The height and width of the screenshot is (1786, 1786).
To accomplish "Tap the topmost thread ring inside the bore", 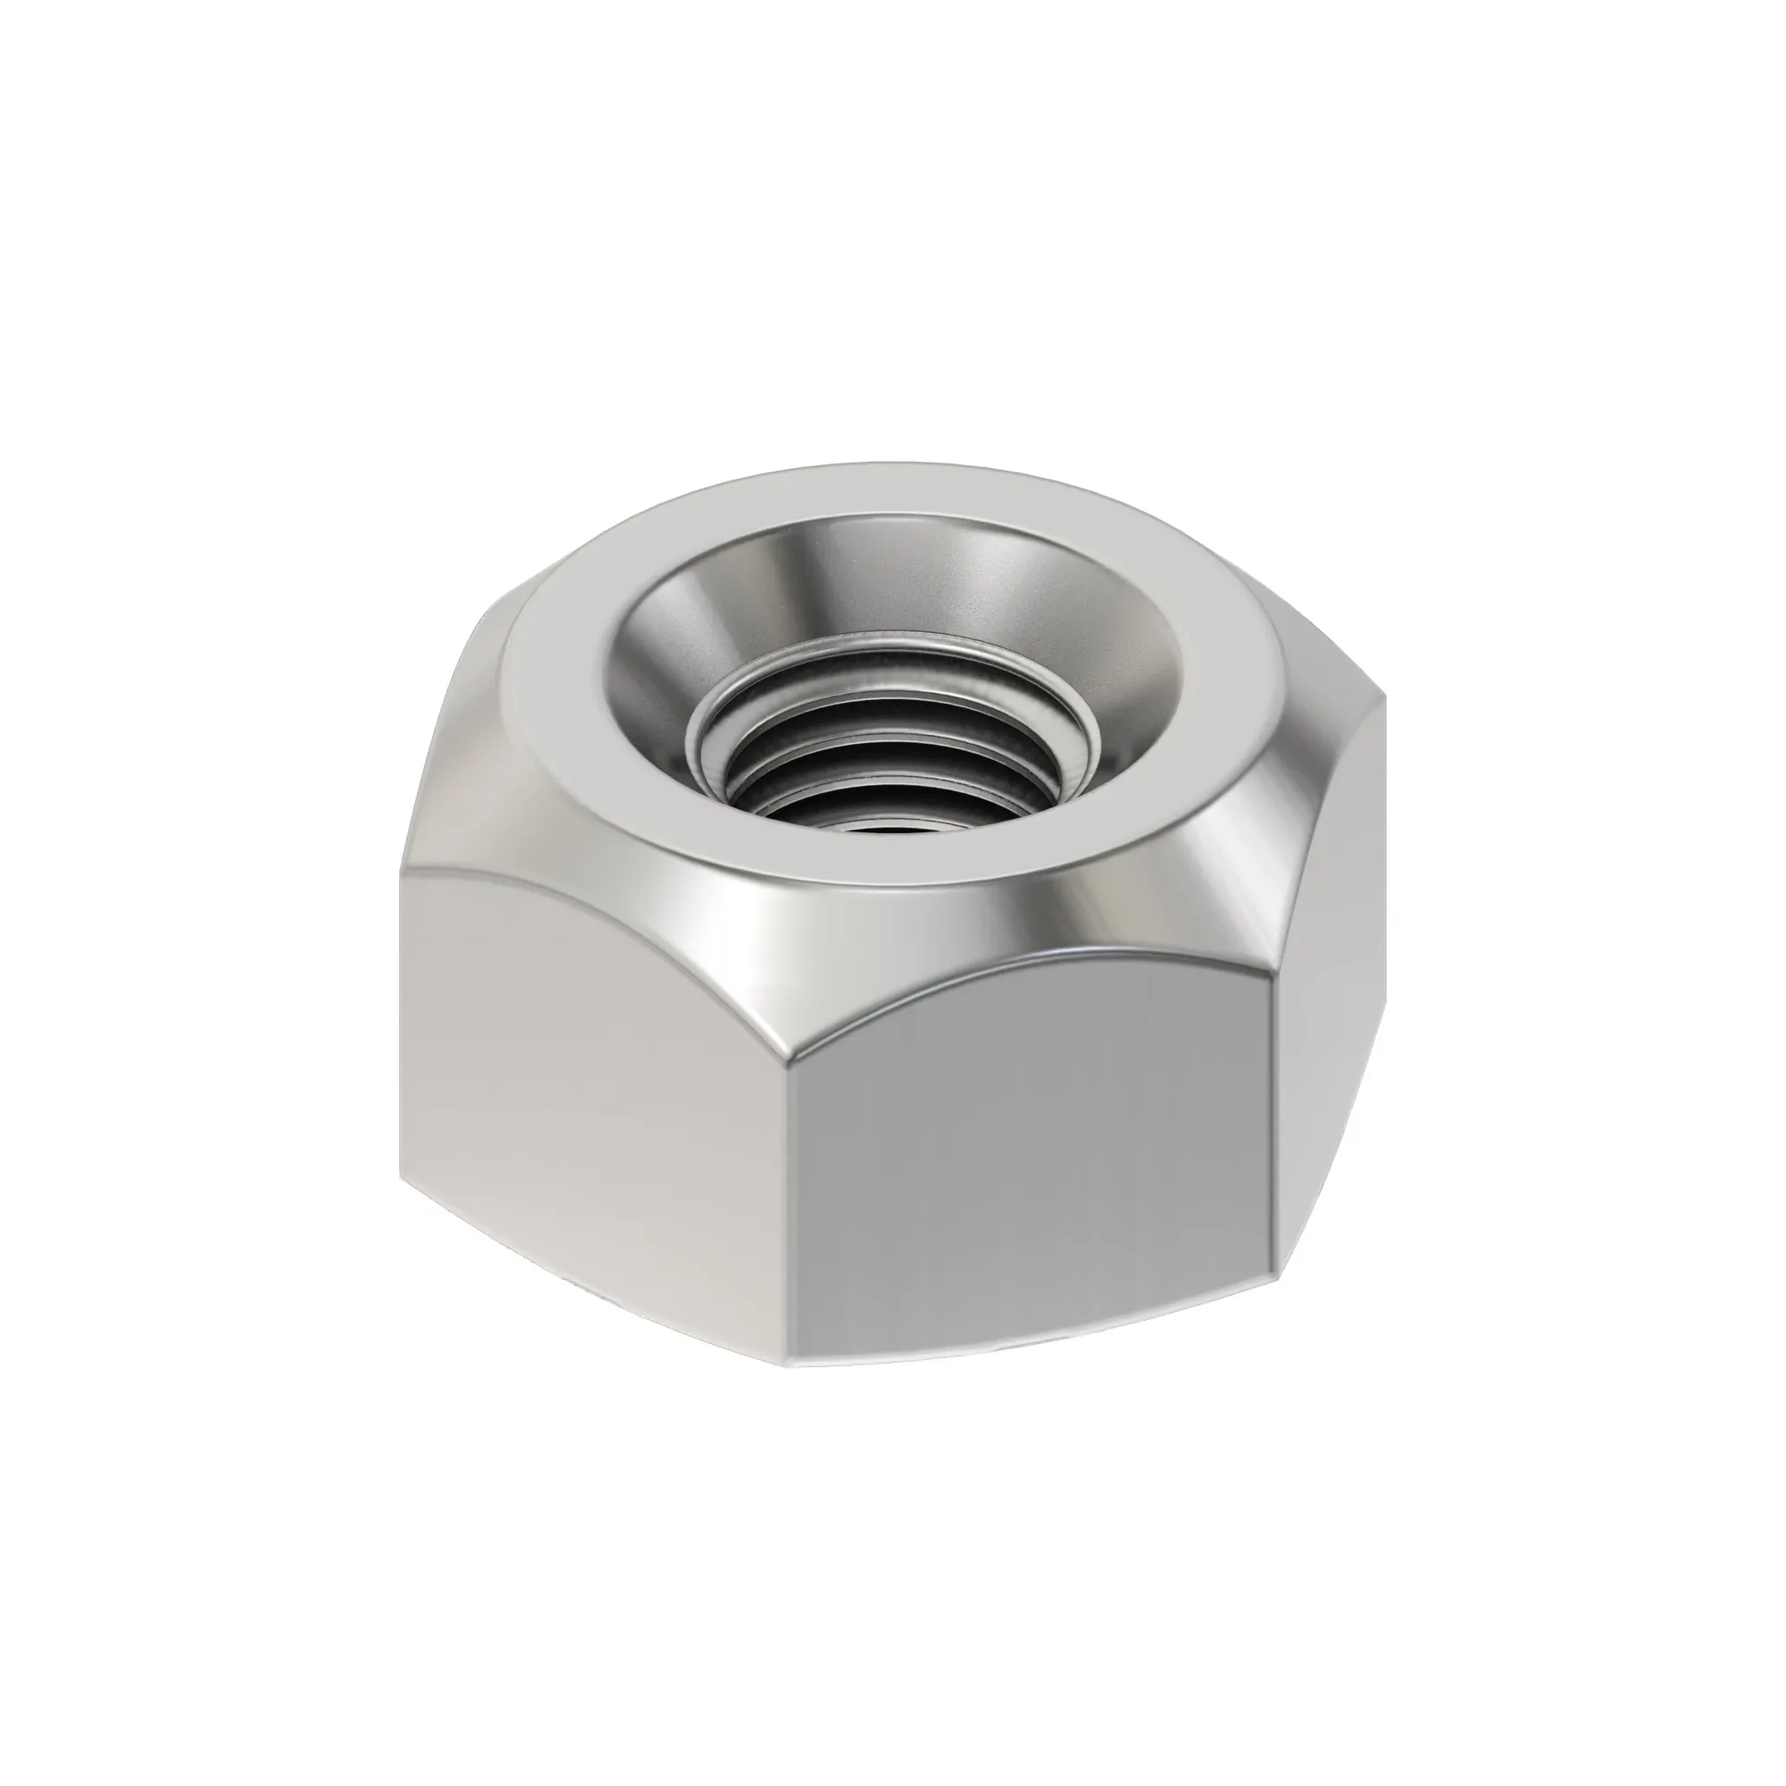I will pyautogui.click(x=901, y=680).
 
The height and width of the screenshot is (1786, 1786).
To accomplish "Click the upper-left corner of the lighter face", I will pyautogui.click(x=403, y=872).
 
